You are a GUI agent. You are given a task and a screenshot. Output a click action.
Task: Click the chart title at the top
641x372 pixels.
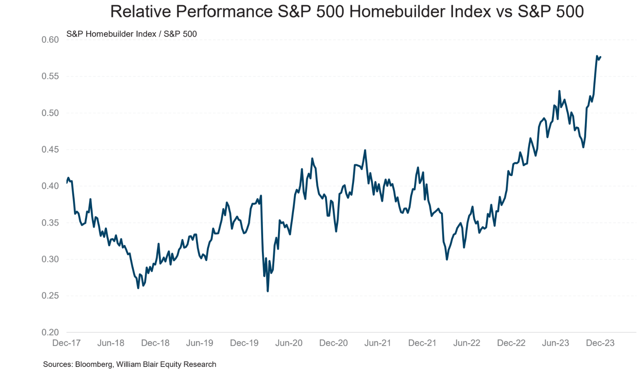pyautogui.click(x=347, y=11)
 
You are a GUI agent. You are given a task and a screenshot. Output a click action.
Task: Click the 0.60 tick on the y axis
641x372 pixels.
pyautogui.click(x=50, y=40)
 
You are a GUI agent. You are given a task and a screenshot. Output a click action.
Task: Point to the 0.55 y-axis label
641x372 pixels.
pyautogui.click(x=50, y=76)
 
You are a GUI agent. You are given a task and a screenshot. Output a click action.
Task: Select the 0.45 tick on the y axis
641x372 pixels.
pyautogui.click(x=50, y=149)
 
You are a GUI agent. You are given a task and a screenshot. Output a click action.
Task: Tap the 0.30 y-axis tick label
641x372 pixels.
pyautogui.click(x=50, y=259)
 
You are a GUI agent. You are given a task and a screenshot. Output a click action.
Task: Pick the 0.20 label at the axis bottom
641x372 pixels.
pyautogui.click(x=50, y=333)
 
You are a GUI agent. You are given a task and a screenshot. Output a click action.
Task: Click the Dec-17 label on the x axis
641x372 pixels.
pyautogui.click(x=66, y=343)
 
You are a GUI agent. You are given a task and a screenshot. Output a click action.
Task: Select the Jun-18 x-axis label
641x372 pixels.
pyautogui.click(x=111, y=343)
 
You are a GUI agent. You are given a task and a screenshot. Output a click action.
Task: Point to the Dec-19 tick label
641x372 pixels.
pyautogui.click(x=244, y=343)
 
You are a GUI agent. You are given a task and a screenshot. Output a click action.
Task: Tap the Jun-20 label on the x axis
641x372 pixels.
pyautogui.click(x=289, y=343)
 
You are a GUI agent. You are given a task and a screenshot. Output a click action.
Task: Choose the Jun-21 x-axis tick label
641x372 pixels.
pyautogui.click(x=377, y=343)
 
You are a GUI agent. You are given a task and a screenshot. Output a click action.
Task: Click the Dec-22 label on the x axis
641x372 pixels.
pyautogui.click(x=511, y=343)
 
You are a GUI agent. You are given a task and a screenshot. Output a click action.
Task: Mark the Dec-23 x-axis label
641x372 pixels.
pyautogui.click(x=600, y=343)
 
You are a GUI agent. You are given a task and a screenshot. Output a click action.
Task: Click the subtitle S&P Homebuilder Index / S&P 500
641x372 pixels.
pyautogui.click(x=132, y=34)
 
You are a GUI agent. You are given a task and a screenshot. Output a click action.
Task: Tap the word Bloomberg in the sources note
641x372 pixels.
pyautogui.click(x=93, y=364)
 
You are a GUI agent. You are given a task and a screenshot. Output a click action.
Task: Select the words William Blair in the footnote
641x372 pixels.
pyautogui.click(x=136, y=364)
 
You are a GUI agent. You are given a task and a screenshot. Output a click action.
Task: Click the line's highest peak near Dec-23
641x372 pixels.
pyautogui.click(x=597, y=56)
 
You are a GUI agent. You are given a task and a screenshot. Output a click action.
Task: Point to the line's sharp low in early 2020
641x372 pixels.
pyautogui.click(x=268, y=291)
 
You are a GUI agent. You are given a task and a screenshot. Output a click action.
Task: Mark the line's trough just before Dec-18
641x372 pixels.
pyautogui.click(x=138, y=288)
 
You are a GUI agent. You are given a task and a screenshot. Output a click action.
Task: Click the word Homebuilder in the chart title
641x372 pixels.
pyautogui.click(x=420, y=11)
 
